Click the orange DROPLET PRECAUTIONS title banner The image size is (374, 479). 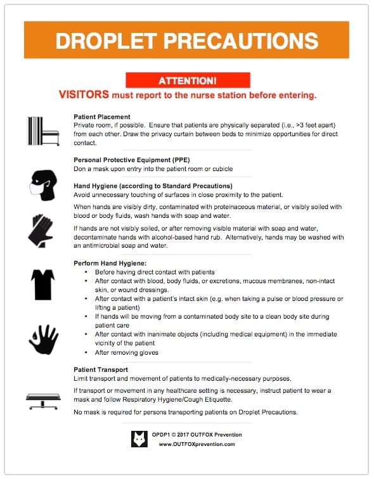point(186,41)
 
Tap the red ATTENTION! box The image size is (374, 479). point(187,80)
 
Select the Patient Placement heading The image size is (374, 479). point(102,117)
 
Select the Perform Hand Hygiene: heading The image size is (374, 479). point(110,263)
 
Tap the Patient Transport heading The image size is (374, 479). point(101,369)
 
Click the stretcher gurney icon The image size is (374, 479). point(43,399)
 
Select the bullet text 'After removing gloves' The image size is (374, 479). point(127,353)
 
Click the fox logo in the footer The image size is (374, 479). point(139,438)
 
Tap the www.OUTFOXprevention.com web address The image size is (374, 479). point(197,444)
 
